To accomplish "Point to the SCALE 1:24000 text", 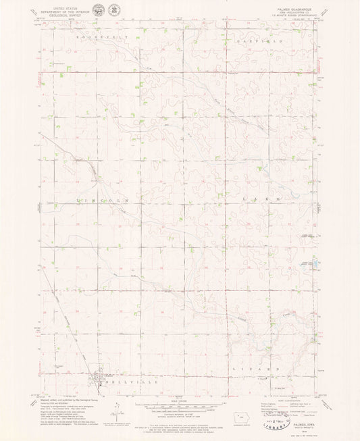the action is (x=179, y=396).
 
